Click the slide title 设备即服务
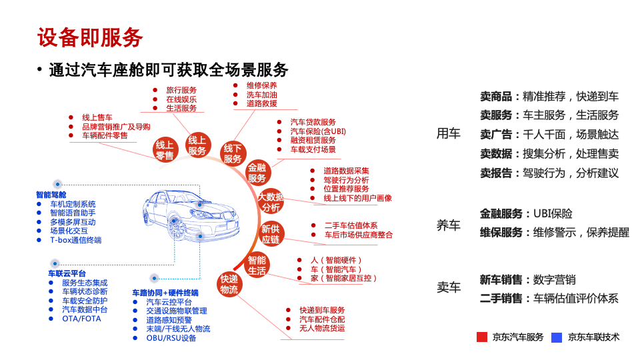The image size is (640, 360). click(x=90, y=37)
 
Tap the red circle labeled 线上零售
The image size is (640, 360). click(x=165, y=150)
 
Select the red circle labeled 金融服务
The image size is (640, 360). click(x=257, y=173)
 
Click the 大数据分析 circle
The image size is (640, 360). click(x=271, y=202)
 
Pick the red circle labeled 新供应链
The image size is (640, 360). click(x=270, y=235)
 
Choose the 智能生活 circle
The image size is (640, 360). click(x=257, y=265)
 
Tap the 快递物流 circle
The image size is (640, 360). click(x=229, y=284)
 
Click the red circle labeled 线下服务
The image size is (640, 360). click(x=233, y=153)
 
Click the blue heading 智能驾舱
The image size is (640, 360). click(x=51, y=195)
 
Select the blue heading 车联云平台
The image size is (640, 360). click(x=67, y=273)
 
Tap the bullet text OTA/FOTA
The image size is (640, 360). click(x=81, y=319)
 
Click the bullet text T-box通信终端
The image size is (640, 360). click(x=76, y=240)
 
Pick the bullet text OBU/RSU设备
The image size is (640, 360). click(x=171, y=338)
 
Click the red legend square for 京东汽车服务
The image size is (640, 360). click(x=482, y=337)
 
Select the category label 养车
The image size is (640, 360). click(x=448, y=225)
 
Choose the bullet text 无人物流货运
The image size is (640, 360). click(x=322, y=328)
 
